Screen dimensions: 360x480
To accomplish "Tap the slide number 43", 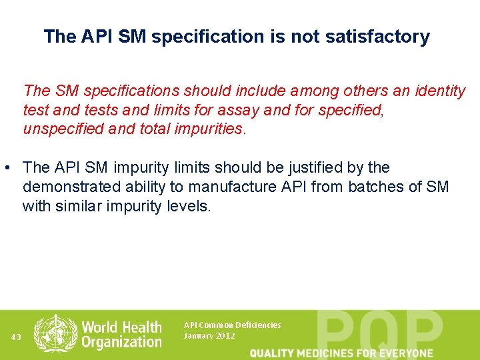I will coord(16,337).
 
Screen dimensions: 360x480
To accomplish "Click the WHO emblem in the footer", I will coord(55,333).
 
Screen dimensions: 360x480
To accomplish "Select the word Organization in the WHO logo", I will coord(121,342).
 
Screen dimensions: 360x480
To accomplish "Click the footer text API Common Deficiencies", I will coord(232,325).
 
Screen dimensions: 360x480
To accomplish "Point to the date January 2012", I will coord(209,336).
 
